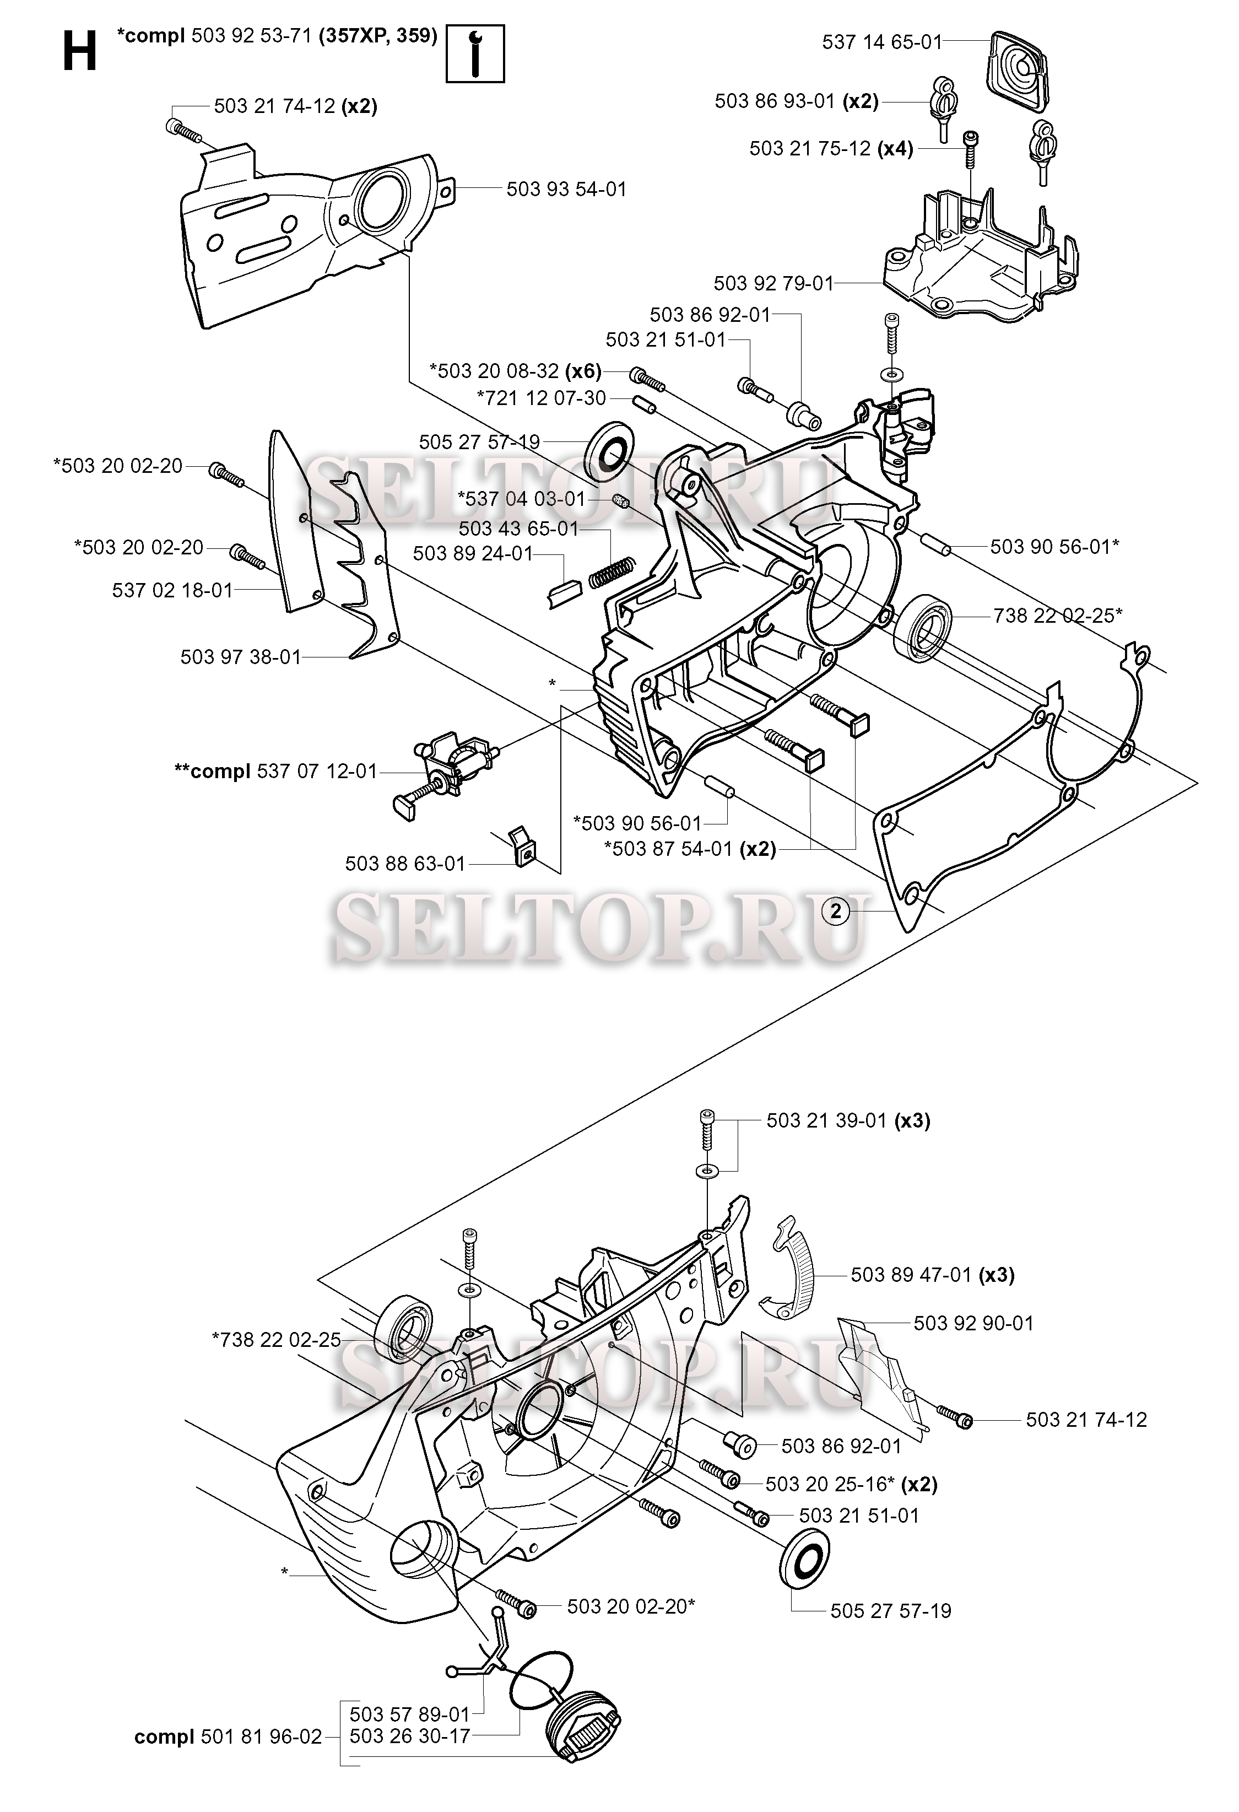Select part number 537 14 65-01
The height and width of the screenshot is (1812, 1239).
pos(882,42)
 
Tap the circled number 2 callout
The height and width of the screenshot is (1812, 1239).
pos(836,910)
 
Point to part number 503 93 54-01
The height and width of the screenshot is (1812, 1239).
pos(566,190)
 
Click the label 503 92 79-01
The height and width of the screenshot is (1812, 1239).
pos(774,283)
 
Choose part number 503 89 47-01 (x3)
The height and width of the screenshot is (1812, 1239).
pos(933,1275)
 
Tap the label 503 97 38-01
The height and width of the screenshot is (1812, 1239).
pos(241,657)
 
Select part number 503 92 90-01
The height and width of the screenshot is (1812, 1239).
pos(973,1323)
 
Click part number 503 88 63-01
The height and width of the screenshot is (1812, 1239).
pos(405,864)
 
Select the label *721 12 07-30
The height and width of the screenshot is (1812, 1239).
pos(542,398)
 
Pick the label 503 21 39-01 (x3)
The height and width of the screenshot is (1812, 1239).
pos(848,1120)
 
